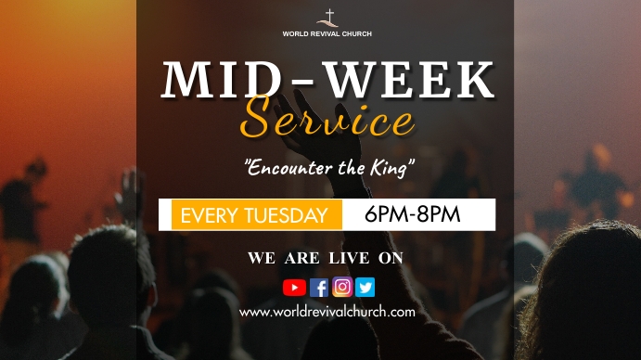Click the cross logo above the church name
327,18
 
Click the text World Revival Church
327,33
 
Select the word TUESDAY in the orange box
286,216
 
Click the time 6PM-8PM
413,215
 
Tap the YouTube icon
294,288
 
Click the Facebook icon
319,288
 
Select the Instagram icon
342,288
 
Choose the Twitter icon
365,288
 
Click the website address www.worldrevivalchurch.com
327,312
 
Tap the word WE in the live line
261,258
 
